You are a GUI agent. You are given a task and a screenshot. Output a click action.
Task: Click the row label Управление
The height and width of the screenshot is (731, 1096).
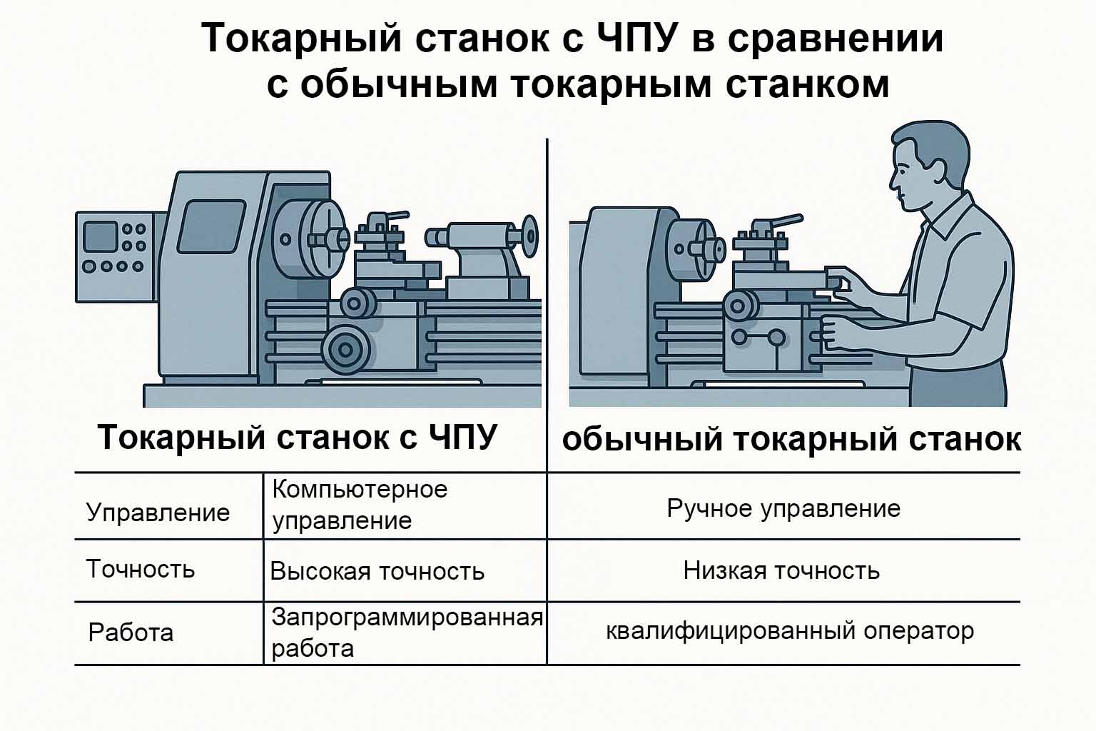pos(158,513)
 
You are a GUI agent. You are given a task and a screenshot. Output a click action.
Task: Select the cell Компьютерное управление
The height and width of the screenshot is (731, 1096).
pos(360,505)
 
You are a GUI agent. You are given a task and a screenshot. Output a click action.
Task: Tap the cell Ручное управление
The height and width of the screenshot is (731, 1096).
pos(783,508)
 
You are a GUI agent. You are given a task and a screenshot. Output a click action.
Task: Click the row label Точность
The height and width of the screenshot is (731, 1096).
pos(141,569)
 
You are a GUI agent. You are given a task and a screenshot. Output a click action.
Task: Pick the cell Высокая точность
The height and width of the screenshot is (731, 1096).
pos(377,571)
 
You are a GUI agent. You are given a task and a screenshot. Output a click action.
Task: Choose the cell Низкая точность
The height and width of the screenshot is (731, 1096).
pos(781,570)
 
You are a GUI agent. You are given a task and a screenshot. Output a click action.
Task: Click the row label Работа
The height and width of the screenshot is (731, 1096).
pos(131,632)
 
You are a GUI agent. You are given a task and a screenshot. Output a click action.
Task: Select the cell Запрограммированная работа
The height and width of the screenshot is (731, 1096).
pos(407,632)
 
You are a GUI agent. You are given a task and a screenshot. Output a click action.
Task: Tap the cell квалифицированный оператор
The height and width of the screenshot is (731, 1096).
pos(790,631)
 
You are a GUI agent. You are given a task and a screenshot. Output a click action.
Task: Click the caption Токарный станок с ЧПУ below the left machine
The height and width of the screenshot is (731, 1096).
pos(297,437)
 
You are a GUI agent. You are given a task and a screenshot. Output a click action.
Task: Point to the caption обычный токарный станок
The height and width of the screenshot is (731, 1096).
pos(791,439)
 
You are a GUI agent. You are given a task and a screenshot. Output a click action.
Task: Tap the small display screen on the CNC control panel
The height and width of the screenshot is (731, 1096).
pos(100,236)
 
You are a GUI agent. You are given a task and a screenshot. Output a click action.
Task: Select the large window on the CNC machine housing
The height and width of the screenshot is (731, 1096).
pos(210,226)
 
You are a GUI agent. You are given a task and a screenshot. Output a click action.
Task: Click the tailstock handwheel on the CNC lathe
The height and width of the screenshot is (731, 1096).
pos(529,236)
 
